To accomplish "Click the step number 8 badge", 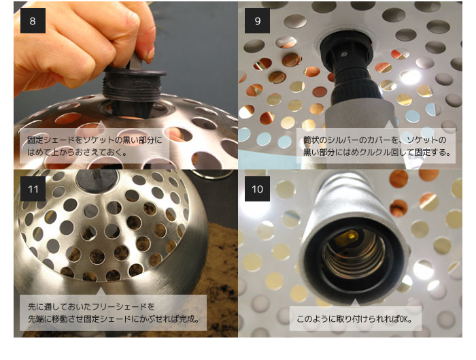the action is [33, 20].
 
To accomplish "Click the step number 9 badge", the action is [257, 20].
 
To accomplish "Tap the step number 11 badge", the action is [33, 189].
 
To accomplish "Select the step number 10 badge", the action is [257, 189].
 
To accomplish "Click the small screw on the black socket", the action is [344, 54].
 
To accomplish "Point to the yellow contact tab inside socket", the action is [349, 235].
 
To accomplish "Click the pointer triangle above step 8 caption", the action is [101, 124].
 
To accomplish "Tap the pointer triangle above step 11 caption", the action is [101, 291].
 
